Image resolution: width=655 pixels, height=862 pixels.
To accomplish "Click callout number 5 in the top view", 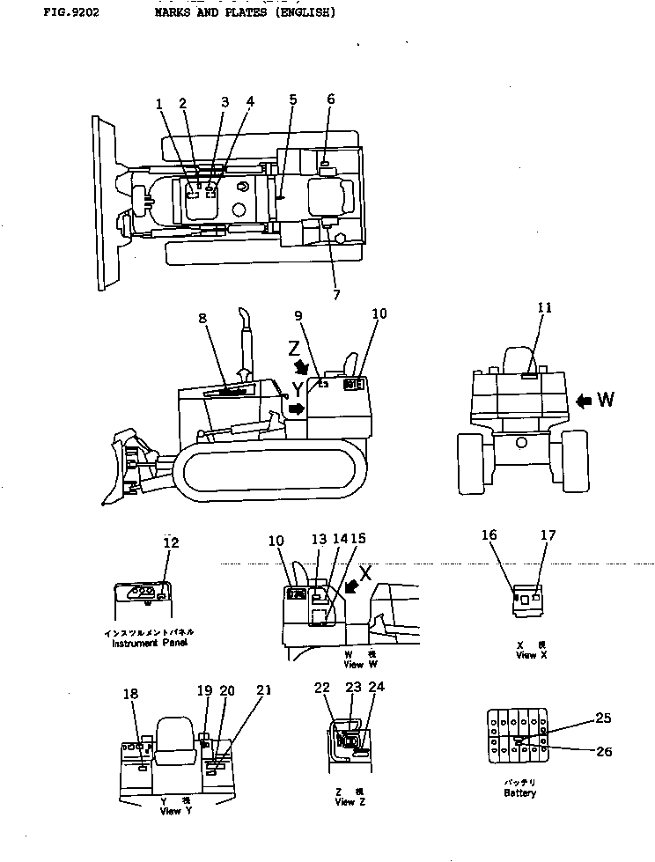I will click(292, 100).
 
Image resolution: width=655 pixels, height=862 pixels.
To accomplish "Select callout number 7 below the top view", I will click(336, 295).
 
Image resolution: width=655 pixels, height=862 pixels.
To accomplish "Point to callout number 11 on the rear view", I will click(545, 307).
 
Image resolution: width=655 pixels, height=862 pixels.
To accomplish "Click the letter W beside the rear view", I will click(606, 401).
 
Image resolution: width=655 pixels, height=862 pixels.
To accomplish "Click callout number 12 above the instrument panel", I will click(171, 543).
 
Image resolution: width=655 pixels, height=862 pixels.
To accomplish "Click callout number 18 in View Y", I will click(130, 695).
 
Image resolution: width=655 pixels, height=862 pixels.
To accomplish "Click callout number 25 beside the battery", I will click(602, 718).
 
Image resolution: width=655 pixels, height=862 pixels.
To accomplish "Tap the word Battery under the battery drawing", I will click(519, 792).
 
